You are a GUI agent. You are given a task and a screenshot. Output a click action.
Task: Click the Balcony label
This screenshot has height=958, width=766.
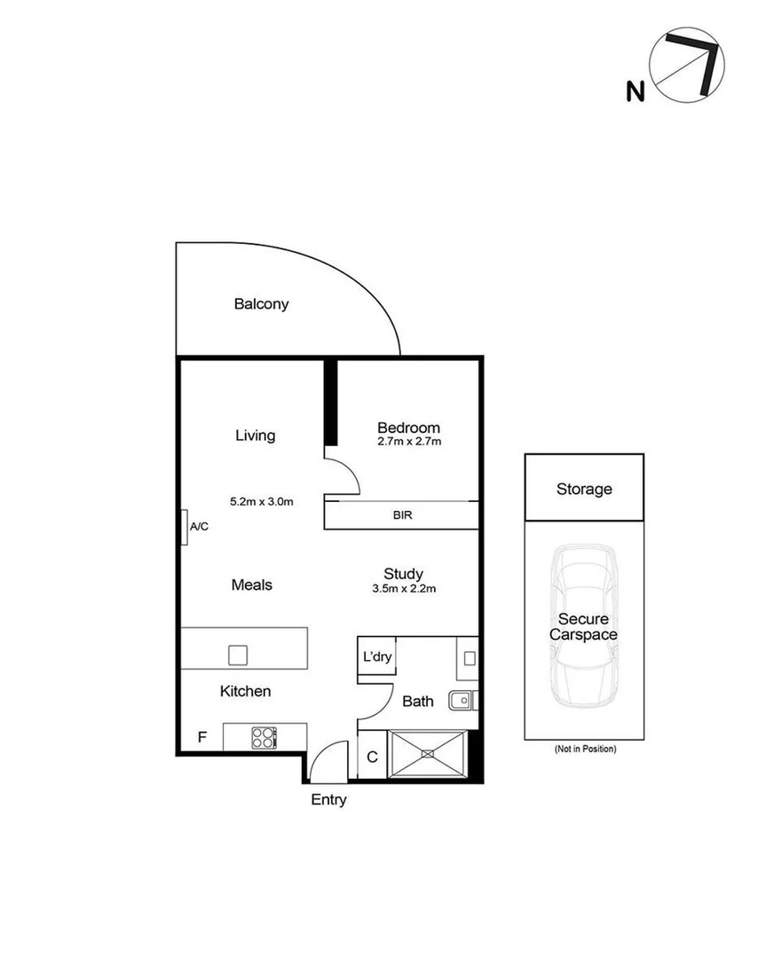pos(261,304)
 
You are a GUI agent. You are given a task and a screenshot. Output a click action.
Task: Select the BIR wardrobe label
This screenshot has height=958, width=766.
pos(402,514)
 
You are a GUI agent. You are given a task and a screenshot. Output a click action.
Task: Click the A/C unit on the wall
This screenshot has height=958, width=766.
pos(184,527)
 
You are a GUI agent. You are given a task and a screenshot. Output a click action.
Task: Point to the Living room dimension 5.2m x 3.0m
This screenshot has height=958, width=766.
pos(261,501)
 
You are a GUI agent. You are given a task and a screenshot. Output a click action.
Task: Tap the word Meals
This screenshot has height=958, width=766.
pos(251,585)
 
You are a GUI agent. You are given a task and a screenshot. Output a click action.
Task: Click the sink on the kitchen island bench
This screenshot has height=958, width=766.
pos(237,655)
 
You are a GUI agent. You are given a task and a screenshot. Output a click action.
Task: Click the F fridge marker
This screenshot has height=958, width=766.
pos(202,737)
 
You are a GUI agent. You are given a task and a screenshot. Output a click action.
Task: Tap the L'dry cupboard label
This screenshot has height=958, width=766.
pos(375,659)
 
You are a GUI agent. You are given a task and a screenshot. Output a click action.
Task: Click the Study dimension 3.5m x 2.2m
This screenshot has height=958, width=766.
pos(403,588)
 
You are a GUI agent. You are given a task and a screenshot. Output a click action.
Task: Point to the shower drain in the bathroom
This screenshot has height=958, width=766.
pos(429,754)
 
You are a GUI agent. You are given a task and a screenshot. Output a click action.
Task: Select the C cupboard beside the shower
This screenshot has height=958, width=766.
pos(372,757)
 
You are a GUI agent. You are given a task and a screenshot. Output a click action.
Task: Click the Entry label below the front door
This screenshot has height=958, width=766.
pos(328,800)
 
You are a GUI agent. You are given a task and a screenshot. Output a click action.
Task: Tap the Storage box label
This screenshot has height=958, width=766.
pos(584,489)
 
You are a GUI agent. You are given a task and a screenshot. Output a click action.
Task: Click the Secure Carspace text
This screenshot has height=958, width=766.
pos(583,627)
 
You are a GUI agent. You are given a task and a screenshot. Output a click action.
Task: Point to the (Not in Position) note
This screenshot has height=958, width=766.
pos(584,750)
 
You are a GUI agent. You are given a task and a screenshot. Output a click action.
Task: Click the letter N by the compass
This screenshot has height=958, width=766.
pos(635,91)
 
